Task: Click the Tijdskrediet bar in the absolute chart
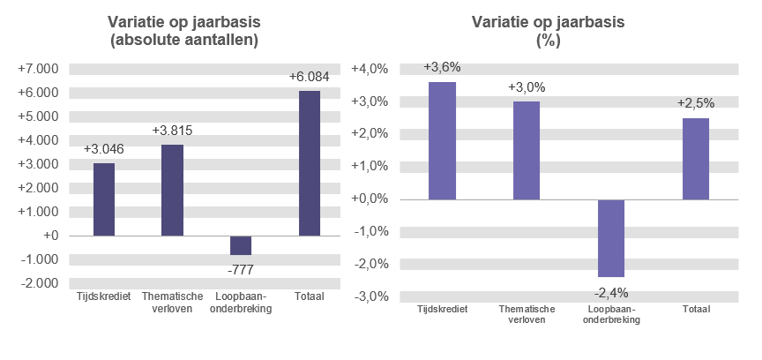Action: pos(104,199)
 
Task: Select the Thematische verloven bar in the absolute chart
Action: pos(172,190)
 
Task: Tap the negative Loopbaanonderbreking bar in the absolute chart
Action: pos(241,245)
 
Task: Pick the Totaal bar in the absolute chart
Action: pos(309,163)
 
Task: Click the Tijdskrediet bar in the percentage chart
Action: pos(442,141)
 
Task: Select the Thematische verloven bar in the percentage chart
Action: pos(527,151)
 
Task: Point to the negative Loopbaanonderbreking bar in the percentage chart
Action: pos(611,238)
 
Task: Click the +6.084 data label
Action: pos(309,77)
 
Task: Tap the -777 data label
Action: pos(241,269)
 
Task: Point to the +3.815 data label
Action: pos(172,131)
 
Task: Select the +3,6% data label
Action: pos(442,68)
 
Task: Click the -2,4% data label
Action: pos(611,293)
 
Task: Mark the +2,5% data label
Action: pos(696,103)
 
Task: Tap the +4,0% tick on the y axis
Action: pos(370,69)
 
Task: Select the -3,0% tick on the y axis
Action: pos(370,296)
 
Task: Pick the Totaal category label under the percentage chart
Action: pos(696,309)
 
